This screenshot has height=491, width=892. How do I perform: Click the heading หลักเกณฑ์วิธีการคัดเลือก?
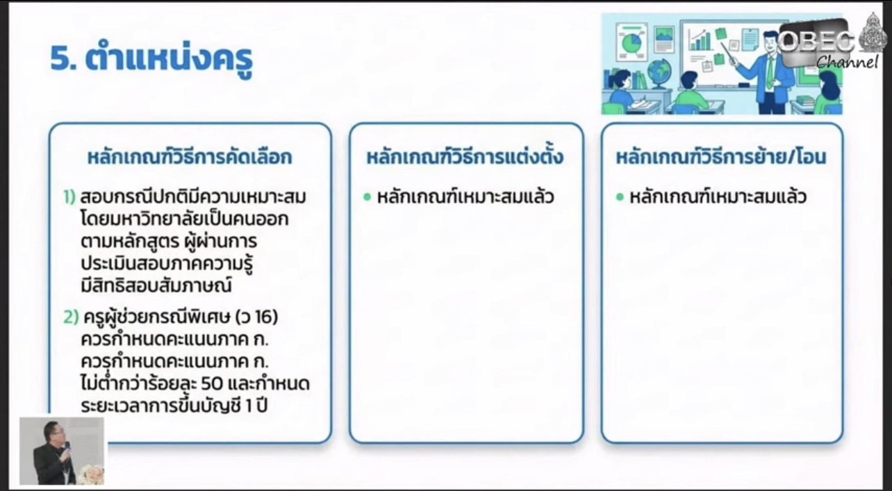pyautogui.click(x=190, y=157)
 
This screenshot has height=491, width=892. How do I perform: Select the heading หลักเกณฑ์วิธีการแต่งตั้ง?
pyautogui.click(x=465, y=157)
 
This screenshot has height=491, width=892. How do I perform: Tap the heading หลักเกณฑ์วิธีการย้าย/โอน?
pyautogui.click(x=721, y=157)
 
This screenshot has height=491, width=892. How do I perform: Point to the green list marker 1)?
pyautogui.click(x=69, y=197)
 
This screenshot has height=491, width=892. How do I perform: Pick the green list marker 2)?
pyautogui.click(x=71, y=317)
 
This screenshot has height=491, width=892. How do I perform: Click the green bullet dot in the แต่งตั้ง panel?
pyautogui.click(x=367, y=197)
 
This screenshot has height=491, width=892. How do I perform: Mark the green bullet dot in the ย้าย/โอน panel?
pyautogui.click(x=620, y=197)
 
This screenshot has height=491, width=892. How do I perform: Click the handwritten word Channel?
pyautogui.click(x=847, y=63)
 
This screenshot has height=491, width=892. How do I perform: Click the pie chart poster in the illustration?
pyautogui.click(x=631, y=42)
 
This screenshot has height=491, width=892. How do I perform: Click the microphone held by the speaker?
pyautogui.click(x=67, y=447)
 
